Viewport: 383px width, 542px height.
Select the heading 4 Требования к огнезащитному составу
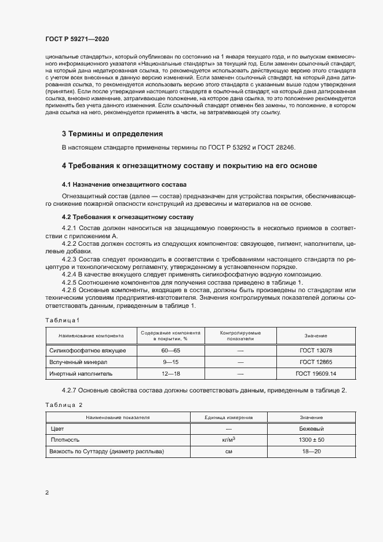click(189, 166)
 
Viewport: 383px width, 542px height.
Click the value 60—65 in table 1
click(171, 351)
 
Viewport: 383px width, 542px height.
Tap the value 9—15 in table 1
click(171, 362)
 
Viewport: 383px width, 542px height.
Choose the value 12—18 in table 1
click(171, 373)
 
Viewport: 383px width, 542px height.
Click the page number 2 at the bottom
click(46, 493)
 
